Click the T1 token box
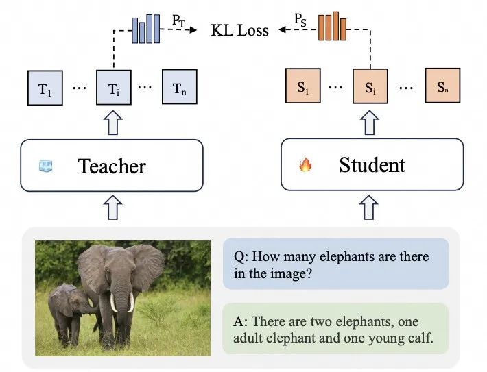click(x=45, y=87)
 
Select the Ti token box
click(x=114, y=87)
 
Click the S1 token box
click(x=302, y=87)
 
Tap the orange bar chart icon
click(x=331, y=28)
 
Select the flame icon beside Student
click(x=305, y=165)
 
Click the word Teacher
click(x=112, y=166)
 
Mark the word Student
click(x=372, y=165)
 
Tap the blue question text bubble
click(x=335, y=264)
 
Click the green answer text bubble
click(x=335, y=329)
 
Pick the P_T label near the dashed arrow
click(x=178, y=22)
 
